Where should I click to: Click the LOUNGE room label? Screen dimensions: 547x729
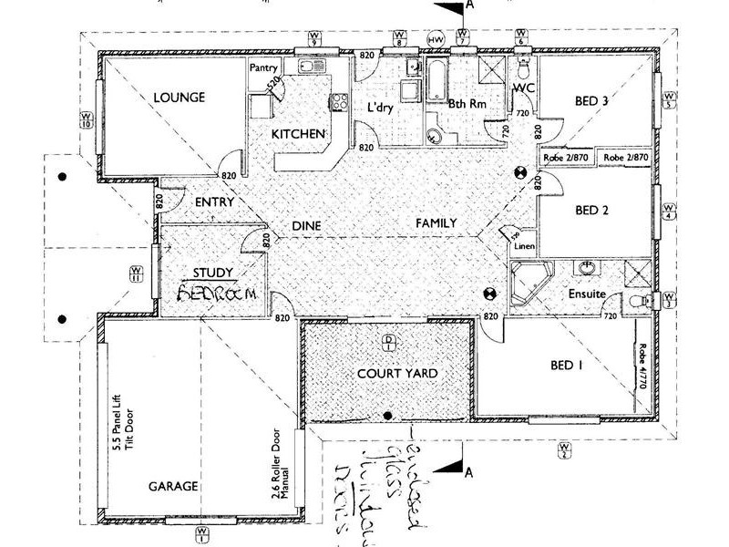178,97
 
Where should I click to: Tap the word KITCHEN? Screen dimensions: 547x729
298,134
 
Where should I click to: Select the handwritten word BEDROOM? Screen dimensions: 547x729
211,294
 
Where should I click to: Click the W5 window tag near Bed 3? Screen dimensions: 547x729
669,99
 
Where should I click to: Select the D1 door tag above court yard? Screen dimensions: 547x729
388,342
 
